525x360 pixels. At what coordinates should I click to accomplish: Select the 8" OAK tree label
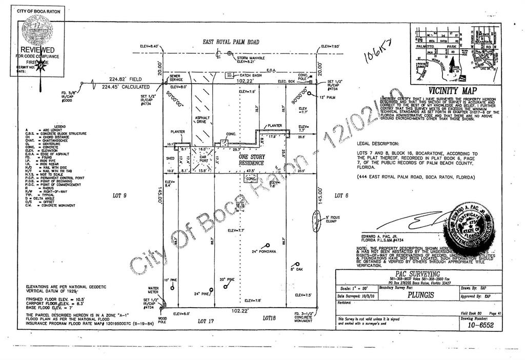[x=298, y=269]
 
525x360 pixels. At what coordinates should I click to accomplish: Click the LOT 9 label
[x=120, y=195]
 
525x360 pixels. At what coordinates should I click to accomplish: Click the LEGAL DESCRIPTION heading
[x=377, y=144]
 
